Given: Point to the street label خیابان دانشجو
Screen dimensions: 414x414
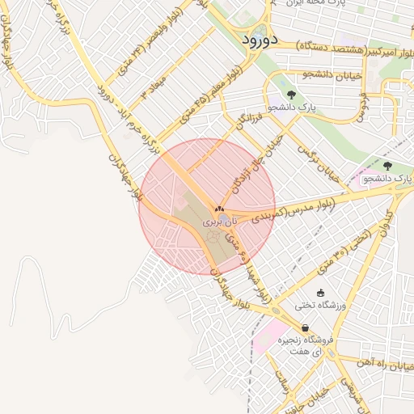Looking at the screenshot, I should click(302, 75).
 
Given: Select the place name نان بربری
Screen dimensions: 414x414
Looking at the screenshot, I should click(220, 221).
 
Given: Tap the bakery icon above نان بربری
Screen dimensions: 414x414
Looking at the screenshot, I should click(220, 208).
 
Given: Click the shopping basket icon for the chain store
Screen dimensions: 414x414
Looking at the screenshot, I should click(305, 327).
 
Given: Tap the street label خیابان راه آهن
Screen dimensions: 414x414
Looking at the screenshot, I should click(387, 365).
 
